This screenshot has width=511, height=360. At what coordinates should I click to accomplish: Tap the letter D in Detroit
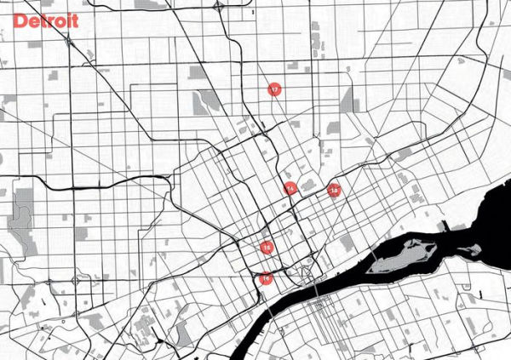pyautogui.click(x=20, y=20)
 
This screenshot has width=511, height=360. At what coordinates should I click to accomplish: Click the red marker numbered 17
pyautogui.click(x=274, y=89)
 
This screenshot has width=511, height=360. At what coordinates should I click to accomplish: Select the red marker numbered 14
pyautogui.click(x=290, y=187)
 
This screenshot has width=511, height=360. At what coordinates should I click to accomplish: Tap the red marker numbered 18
pyautogui.click(x=334, y=190)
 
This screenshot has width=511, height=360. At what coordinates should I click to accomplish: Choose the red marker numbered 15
pyautogui.click(x=267, y=248)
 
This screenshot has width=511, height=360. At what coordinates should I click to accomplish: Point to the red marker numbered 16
pyautogui.click(x=266, y=277)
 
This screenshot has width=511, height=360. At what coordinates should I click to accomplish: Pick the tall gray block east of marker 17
pyautogui.click(x=348, y=100)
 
